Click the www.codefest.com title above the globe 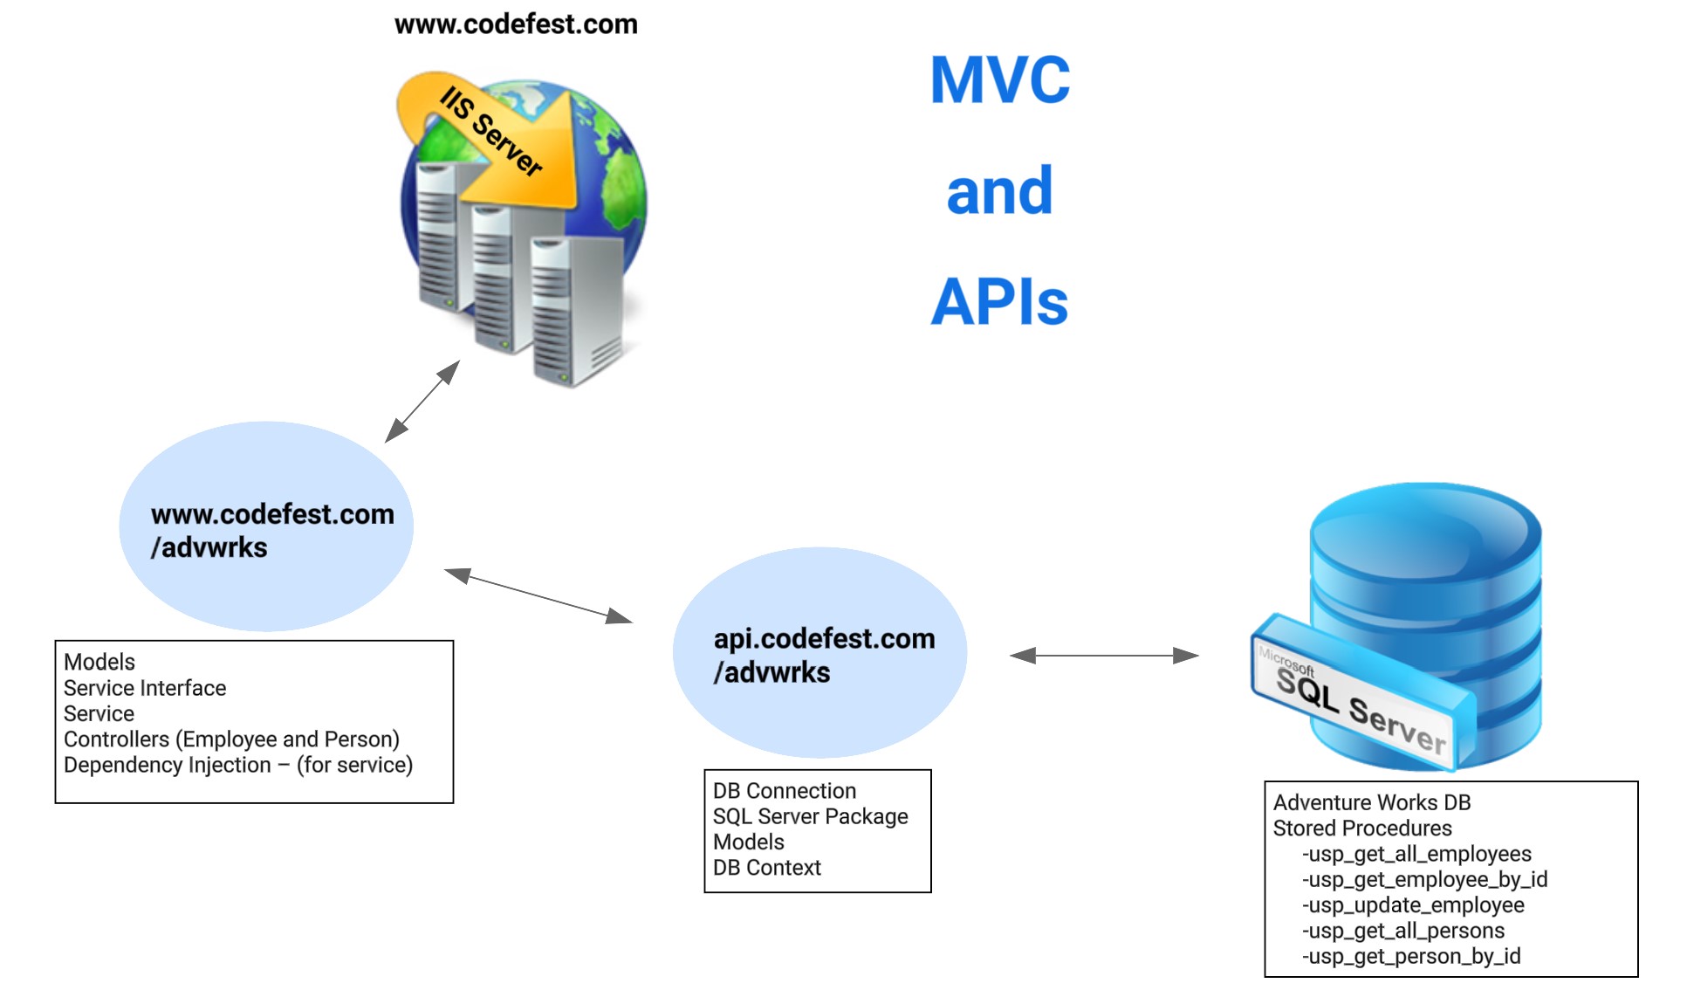516,24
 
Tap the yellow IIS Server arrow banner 489,131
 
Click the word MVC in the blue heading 1000,79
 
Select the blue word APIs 1000,302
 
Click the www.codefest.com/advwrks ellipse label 271,530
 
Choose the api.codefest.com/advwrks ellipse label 824,655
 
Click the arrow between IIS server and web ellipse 422,402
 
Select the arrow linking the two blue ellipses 538,596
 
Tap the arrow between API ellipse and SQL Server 1104,655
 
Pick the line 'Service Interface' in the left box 145,688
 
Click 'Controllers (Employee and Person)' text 231,739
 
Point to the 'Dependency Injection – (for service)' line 238,765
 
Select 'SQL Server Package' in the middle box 811,816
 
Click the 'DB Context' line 767,868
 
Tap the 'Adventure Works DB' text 1372,802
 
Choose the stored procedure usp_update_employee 1413,905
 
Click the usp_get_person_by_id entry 1411,957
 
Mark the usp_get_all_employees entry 1416,854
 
